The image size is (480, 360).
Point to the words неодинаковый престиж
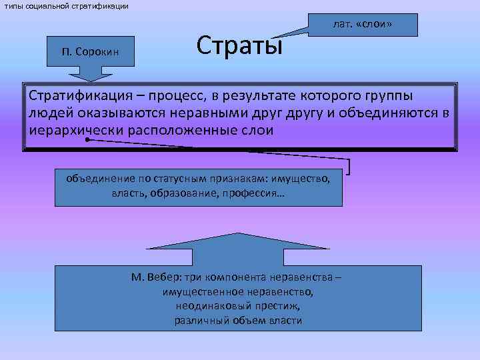coord(238,306)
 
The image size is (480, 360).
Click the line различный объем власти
coord(238,320)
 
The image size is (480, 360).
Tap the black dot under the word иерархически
coord(87,141)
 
